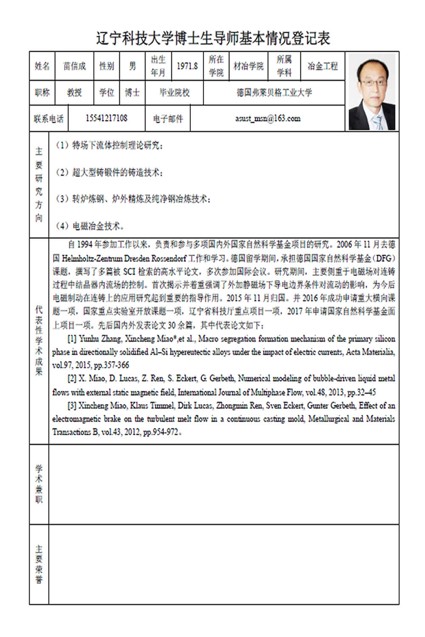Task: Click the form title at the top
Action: point(212,38)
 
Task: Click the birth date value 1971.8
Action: point(187,66)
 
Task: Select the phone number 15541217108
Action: point(106,118)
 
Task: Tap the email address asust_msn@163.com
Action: point(268,118)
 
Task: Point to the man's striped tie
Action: point(377,121)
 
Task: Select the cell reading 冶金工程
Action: point(323,66)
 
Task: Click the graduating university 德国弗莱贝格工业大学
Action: point(274,93)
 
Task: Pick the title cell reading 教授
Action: point(74,93)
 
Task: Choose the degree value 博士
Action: point(132,93)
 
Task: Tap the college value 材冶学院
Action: point(249,66)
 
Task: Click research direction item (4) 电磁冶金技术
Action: point(98,226)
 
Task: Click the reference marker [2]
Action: point(72,378)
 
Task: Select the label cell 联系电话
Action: point(48,118)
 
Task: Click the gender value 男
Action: point(133,66)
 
